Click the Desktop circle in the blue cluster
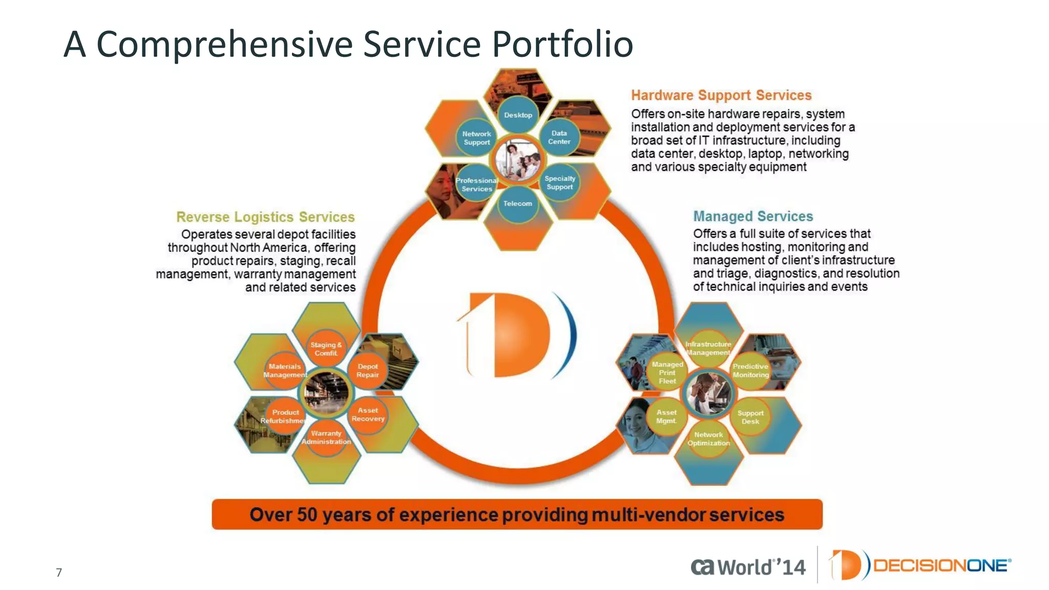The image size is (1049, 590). coord(518,115)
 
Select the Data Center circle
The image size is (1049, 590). coord(559,137)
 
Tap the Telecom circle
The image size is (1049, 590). coord(517,204)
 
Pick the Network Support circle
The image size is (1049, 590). coord(476,138)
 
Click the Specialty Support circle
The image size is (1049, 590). coord(559,183)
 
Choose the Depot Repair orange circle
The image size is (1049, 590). coord(367,370)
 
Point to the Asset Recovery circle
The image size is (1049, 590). coord(368,414)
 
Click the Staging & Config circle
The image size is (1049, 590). coord(326,349)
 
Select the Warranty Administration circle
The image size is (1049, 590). coord(326,437)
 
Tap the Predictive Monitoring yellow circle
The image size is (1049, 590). coord(750,370)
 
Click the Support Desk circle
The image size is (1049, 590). coord(750,417)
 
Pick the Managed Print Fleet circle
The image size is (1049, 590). coord(667,372)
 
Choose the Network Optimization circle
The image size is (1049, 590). coord(708,439)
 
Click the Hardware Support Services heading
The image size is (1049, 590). coord(721,95)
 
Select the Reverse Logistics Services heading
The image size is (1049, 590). coord(265,217)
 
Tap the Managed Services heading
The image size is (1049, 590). coord(752,216)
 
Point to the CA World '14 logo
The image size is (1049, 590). coord(748,567)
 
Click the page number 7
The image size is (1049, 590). coord(59,572)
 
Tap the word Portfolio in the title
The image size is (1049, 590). coord(562,44)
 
